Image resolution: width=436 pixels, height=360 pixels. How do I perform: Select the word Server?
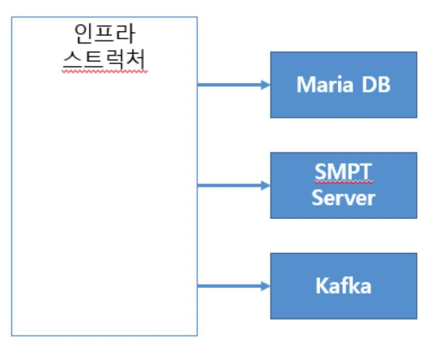tap(343, 197)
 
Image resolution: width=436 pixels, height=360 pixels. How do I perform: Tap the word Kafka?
tap(343, 286)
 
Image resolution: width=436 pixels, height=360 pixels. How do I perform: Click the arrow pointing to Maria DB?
tap(231, 85)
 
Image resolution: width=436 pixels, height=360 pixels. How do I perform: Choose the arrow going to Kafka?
tap(231, 286)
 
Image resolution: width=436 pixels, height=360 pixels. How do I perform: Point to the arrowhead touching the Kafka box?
tap(266, 286)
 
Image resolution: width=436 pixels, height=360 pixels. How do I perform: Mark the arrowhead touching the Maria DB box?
tap(266, 85)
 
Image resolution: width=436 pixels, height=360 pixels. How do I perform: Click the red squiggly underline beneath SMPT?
tap(343, 183)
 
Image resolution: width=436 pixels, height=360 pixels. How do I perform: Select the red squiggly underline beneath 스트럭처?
tap(104, 72)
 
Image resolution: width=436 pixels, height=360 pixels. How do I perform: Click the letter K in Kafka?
tap(322, 286)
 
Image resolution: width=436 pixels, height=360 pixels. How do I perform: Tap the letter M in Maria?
tap(306, 84)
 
